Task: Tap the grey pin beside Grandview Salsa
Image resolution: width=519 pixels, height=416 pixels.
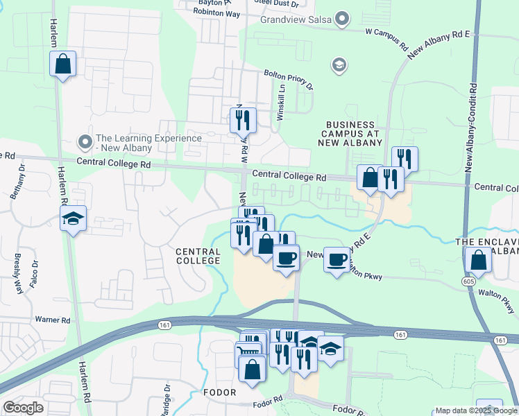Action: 342,19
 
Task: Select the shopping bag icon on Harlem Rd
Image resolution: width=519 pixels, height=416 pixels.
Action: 63,64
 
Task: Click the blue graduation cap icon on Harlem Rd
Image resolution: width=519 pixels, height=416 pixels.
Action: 73,219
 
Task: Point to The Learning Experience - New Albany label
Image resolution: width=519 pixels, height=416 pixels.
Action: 148,144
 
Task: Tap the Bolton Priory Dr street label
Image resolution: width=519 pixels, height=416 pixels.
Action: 289,80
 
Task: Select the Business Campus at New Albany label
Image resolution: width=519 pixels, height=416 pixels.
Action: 352,133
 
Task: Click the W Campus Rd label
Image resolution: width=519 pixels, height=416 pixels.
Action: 386,38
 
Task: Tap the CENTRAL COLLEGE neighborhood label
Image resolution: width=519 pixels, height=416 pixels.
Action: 198,257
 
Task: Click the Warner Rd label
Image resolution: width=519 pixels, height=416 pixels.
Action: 53,320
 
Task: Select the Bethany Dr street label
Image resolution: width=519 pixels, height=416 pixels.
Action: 17,182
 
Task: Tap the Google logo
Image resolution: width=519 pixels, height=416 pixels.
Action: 23,407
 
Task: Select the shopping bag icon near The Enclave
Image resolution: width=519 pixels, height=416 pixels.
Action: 478,261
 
